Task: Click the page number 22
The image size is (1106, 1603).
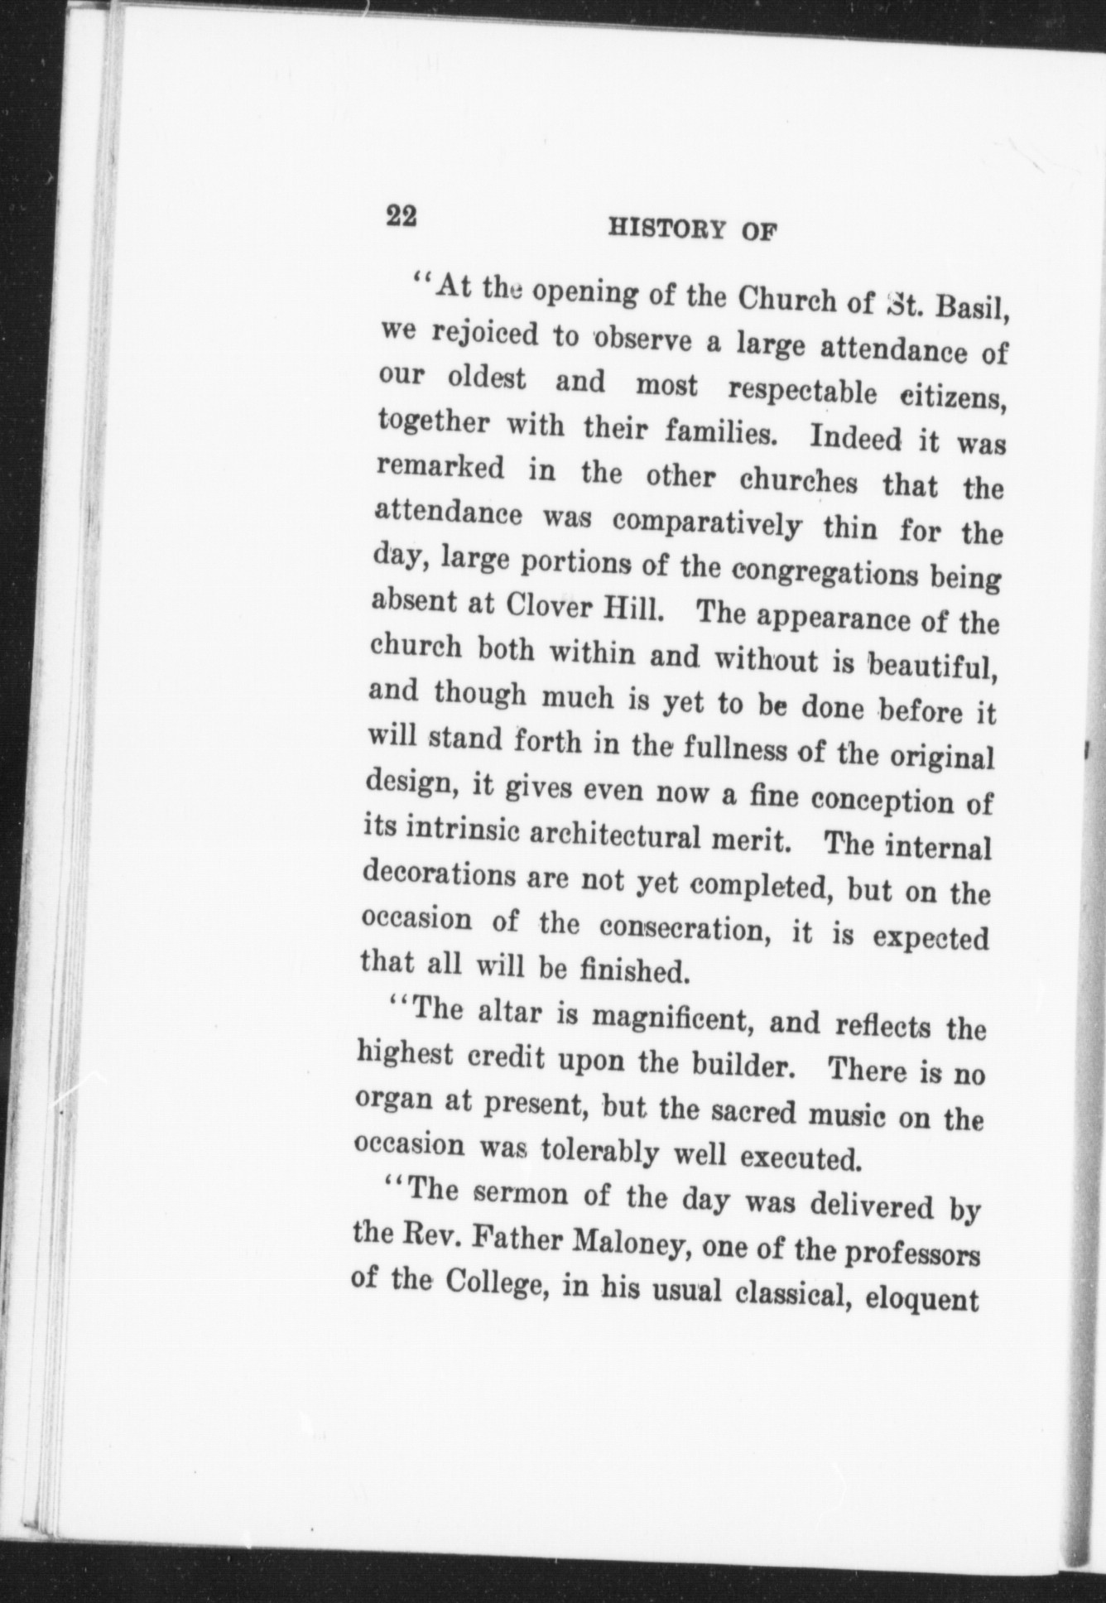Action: [401, 217]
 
